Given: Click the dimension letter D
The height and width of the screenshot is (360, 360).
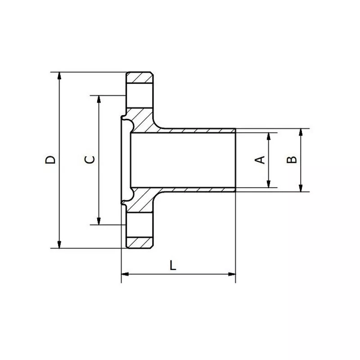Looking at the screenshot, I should [52, 160].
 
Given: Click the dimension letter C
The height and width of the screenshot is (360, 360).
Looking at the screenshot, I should [90, 160].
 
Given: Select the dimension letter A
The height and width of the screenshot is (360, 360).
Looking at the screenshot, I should [260, 160].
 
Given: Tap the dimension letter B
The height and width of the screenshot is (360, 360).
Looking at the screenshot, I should [292, 160].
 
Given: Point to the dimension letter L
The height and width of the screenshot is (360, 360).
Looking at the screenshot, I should [173, 265].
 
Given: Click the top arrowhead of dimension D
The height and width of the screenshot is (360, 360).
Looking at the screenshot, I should [59, 76].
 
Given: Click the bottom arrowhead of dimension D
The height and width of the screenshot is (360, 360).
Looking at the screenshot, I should [59, 244].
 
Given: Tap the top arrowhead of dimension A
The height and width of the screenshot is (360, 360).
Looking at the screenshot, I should [269, 135].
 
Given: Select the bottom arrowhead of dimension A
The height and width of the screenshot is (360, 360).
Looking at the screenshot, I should [269, 184].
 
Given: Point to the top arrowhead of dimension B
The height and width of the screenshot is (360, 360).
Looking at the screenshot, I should [301, 132].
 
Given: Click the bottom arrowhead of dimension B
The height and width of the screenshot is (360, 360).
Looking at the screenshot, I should [301, 188].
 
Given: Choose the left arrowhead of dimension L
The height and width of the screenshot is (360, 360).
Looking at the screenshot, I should [125, 274].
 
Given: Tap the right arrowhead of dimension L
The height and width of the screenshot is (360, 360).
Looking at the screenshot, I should [232, 274].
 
